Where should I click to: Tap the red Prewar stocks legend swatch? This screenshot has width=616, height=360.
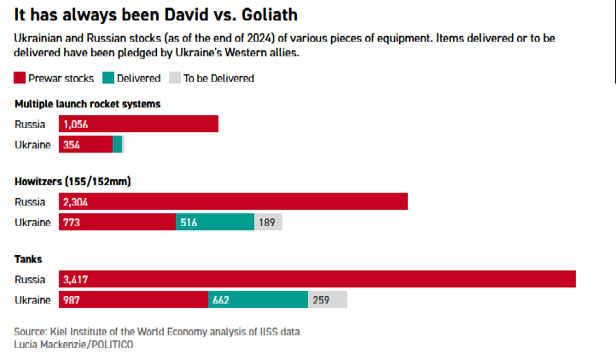tap(21, 78)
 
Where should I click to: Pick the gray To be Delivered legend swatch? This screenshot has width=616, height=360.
tap(176, 78)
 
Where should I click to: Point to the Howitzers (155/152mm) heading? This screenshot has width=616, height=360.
tap(73, 182)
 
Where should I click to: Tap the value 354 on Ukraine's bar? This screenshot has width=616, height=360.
tap(72, 144)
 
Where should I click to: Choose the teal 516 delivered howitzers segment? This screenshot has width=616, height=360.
tap(215, 222)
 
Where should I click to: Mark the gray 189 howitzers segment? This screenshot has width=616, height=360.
tap(268, 222)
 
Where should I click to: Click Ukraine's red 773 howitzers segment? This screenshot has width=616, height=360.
tap(117, 222)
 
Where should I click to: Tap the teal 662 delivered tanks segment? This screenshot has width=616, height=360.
tap(258, 299)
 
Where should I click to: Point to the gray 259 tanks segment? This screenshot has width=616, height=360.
tap(328, 299)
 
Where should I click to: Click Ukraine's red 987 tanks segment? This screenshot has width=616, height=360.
tap(133, 299)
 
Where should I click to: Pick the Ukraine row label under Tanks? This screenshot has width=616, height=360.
tap(33, 299)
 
